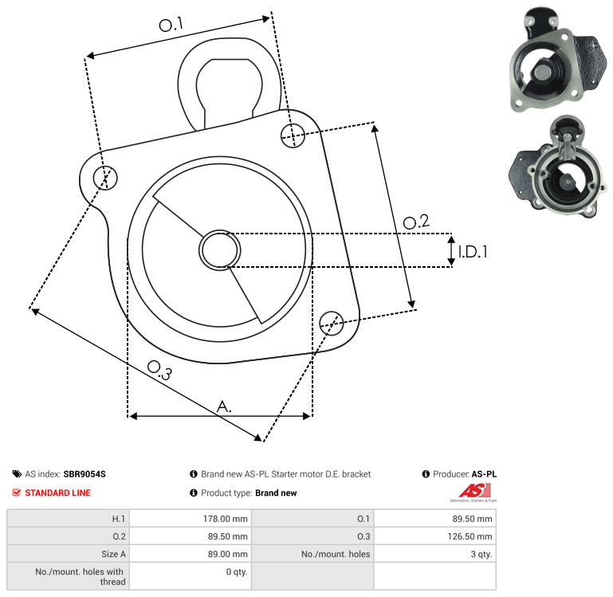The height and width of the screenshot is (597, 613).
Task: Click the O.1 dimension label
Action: pyautogui.click(x=171, y=25)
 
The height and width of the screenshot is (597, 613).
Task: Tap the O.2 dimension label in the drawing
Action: pyautogui.click(x=416, y=222)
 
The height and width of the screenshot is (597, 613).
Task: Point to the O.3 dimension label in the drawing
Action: pyautogui.click(x=159, y=371)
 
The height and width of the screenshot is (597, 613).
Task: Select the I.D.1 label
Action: pyautogui.click(x=473, y=252)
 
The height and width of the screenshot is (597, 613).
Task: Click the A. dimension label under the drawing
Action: pyautogui.click(x=224, y=407)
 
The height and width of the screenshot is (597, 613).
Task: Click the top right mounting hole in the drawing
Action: pyautogui.click(x=293, y=136)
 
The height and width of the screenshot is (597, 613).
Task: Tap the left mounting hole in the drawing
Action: pyautogui.click(x=105, y=178)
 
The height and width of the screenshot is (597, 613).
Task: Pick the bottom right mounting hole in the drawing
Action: pyautogui.click(x=332, y=324)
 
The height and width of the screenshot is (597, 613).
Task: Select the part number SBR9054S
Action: pyautogui.click(x=84, y=473)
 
